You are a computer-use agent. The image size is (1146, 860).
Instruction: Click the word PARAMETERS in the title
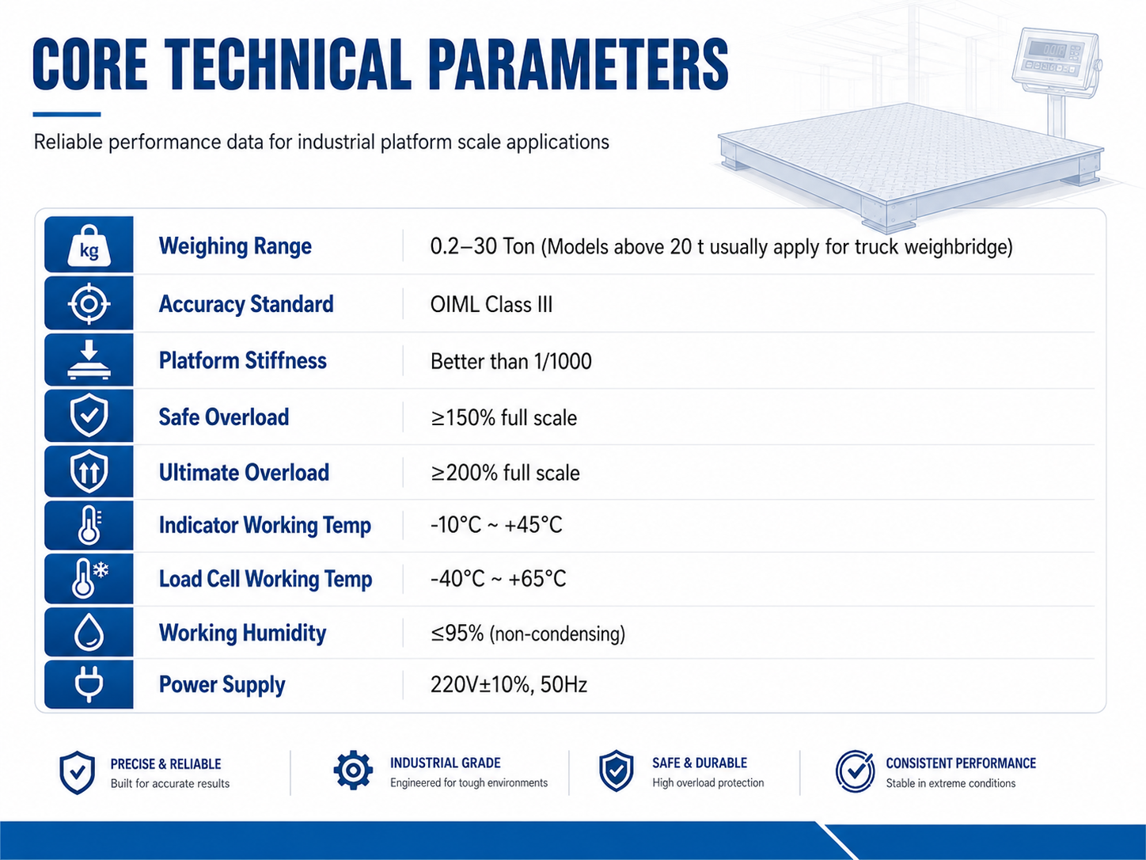tap(578, 64)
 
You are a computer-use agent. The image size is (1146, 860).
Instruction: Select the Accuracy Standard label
tap(246, 304)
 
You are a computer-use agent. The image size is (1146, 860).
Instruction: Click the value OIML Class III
tap(491, 304)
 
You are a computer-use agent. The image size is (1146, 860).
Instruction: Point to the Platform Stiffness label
tap(243, 361)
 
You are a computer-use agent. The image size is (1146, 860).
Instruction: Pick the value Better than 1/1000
tap(511, 361)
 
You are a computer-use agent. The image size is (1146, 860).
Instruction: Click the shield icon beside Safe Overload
tap(89, 415)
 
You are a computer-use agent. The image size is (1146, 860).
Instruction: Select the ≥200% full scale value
tap(505, 473)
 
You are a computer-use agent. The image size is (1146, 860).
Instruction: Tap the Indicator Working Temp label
tap(264, 525)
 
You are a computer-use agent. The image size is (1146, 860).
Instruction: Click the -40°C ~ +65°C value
tap(498, 579)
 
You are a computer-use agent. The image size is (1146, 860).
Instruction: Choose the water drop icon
tap(89, 632)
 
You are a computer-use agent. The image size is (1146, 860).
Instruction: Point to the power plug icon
tap(89, 684)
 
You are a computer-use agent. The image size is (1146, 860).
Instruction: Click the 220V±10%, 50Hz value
tap(509, 684)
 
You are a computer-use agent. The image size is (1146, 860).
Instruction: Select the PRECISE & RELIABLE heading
tap(166, 764)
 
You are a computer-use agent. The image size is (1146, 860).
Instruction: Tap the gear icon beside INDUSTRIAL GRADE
tap(353, 770)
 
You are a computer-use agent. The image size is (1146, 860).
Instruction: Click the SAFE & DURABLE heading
tap(700, 763)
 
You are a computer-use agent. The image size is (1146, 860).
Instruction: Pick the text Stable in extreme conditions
tap(951, 783)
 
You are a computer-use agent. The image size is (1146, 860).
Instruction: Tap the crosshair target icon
tap(89, 303)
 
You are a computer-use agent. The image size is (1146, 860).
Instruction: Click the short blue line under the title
tap(66, 114)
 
